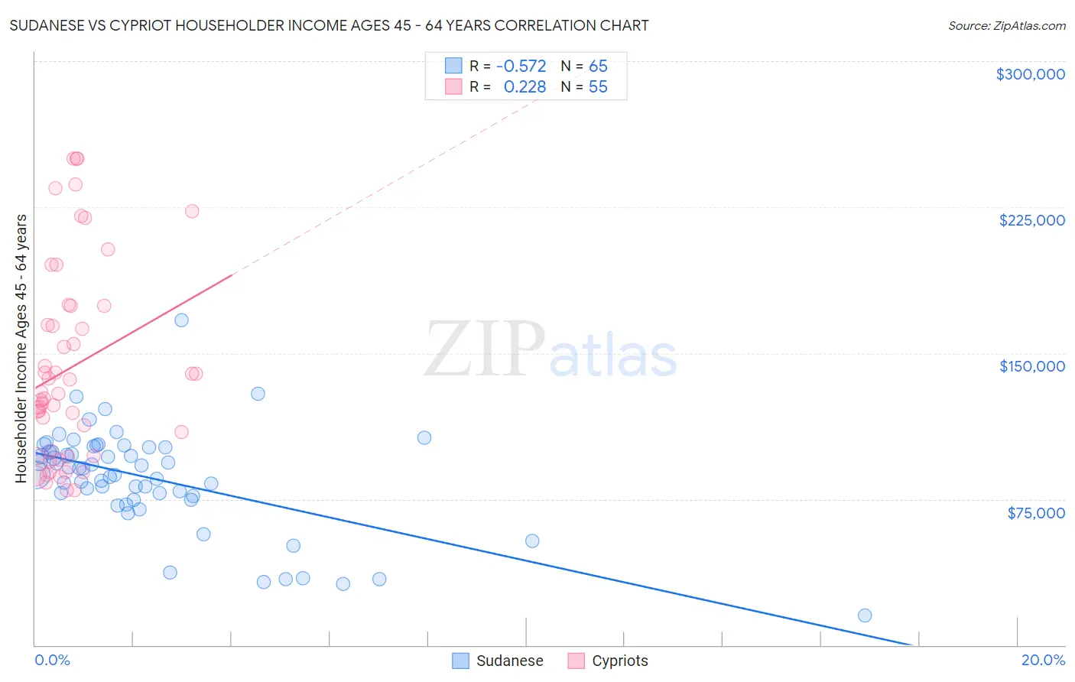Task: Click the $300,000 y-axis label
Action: pyautogui.click(x=1030, y=74)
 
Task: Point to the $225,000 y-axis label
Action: pyautogui.click(x=1031, y=220)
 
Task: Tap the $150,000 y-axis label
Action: pyautogui.click(x=1031, y=366)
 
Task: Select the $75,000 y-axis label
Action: pyautogui.click(x=1035, y=513)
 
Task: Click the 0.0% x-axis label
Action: pyautogui.click(x=52, y=660)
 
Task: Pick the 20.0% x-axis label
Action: pyautogui.click(x=1043, y=660)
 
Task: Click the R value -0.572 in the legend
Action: pyautogui.click(x=521, y=66)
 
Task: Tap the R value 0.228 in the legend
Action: pyautogui.click(x=525, y=87)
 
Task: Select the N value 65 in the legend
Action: pyautogui.click(x=598, y=66)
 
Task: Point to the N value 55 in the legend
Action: pyautogui.click(x=598, y=87)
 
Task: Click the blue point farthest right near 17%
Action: pyautogui.click(x=865, y=615)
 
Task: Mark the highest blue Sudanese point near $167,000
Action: pyautogui.click(x=181, y=320)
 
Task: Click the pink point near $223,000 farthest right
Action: pyautogui.click(x=192, y=211)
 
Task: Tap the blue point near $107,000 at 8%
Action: pyautogui.click(x=424, y=437)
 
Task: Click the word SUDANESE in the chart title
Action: pyautogui.click(x=49, y=26)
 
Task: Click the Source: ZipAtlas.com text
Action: pyautogui.click(x=1006, y=26)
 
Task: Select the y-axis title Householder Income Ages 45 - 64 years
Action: pyautogui.click(x=21, y=349)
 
